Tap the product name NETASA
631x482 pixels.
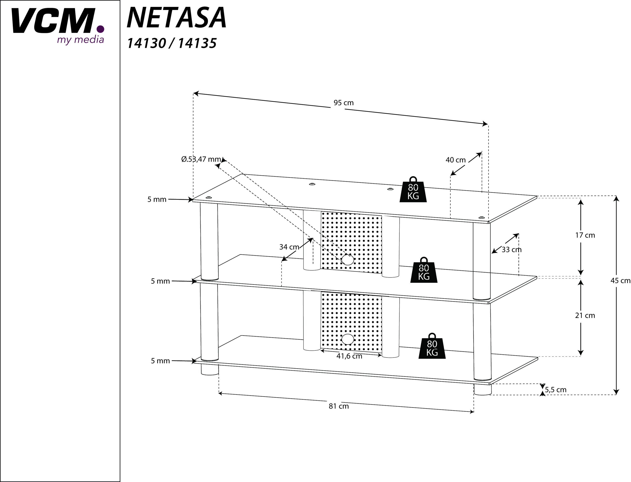click(x=176, y=18)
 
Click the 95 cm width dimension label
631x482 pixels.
click(x=343, y=103)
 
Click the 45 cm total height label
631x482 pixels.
click(x=620, y=281)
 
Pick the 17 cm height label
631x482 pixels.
click(x=585, y=235)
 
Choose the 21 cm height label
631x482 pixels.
click(x=585, y=316)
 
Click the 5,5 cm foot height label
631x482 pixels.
click(x=555, y=390)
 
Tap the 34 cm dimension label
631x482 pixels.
click(x=289, y=247)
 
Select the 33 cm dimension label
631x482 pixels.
click(x=511, y=250)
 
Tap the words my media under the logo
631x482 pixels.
click(x=80, y=40)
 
